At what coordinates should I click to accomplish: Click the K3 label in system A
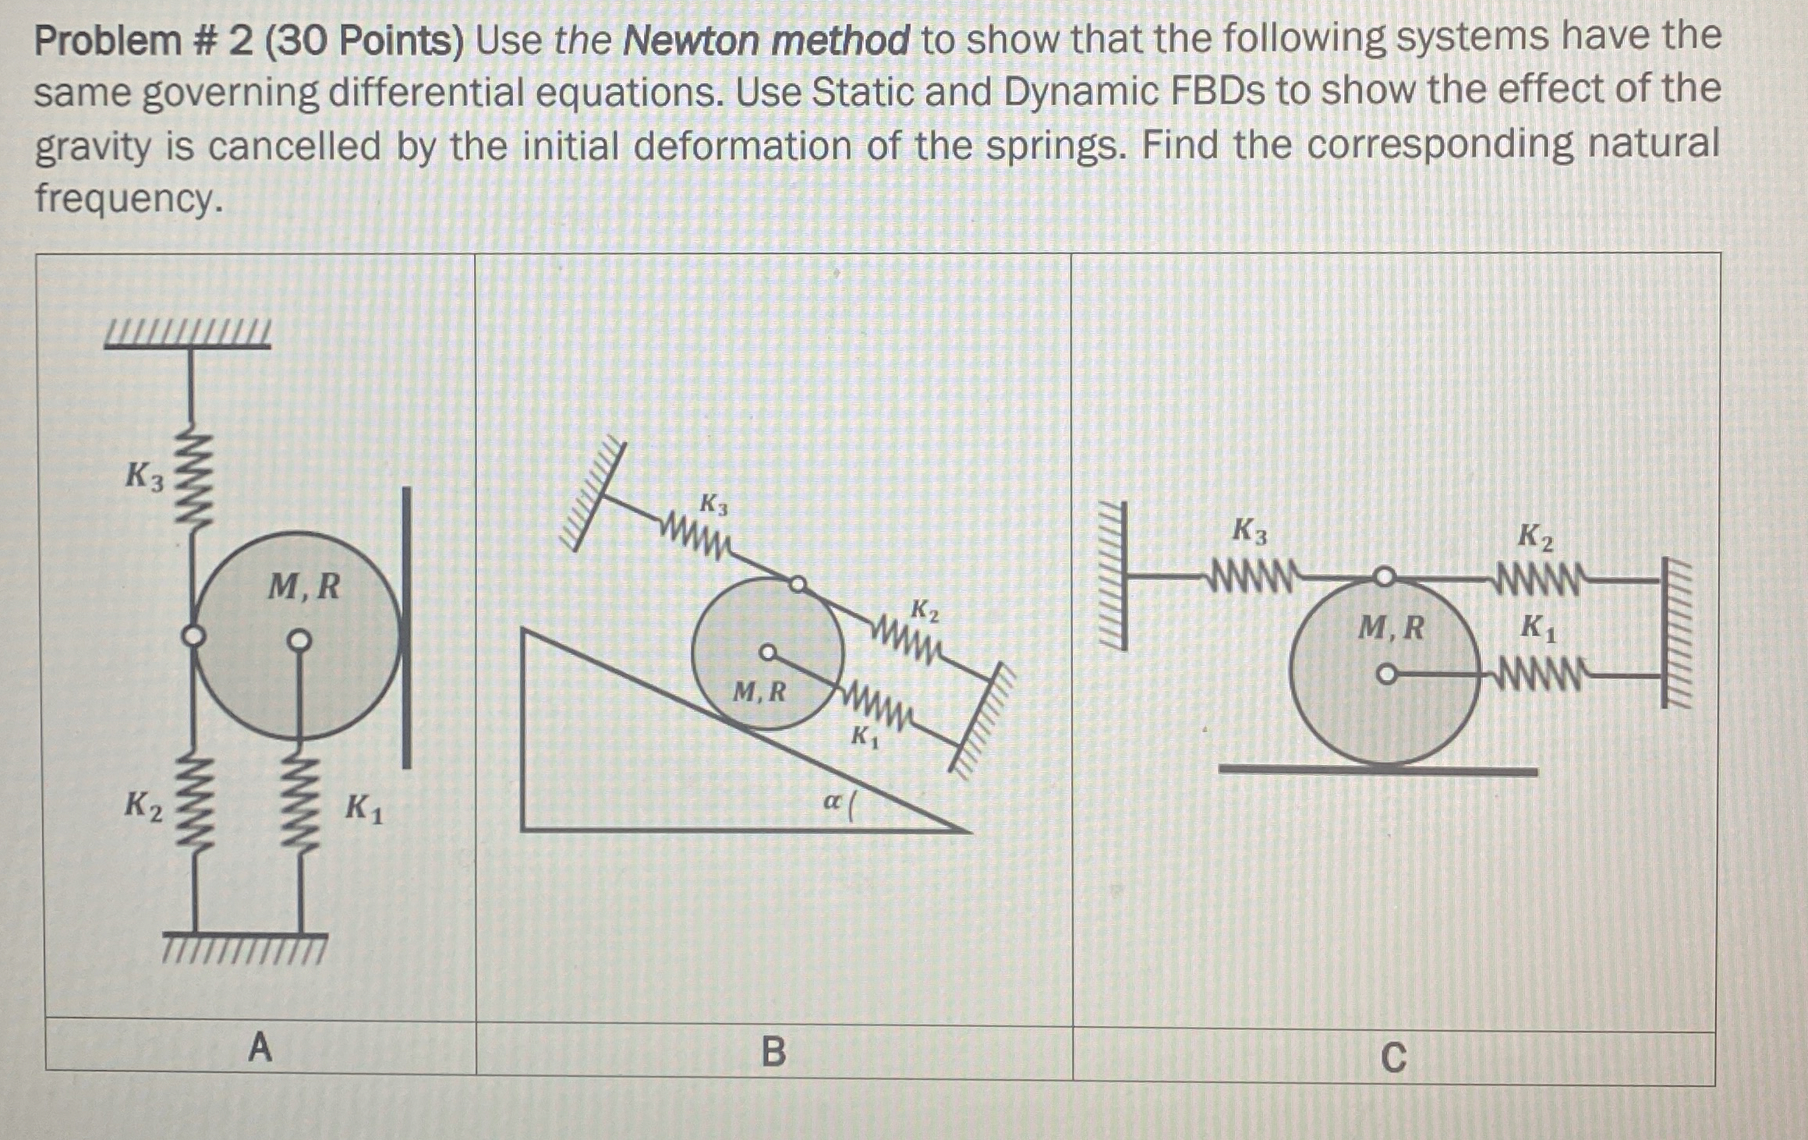[x=145, y=476]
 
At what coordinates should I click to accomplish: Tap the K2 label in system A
[x=144, y=805]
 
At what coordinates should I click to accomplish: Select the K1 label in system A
[x=363, y=809]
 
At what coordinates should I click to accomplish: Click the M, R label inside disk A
[x=304, y=586]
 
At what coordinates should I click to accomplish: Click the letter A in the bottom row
[x=260, y=1047]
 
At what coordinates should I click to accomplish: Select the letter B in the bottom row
[x=773, y=1052]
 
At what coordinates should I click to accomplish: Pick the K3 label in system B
[x=713, y=505]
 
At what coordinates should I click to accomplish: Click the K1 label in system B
[x=864, y=736]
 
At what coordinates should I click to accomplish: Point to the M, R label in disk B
[x=760, y=692]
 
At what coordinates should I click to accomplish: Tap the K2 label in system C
[x=1535, y=538]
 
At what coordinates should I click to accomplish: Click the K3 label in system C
[x=1249, y=533]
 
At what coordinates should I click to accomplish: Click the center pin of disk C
[x=1385, y=674]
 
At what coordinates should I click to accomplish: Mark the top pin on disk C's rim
[x=1383, y=577]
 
